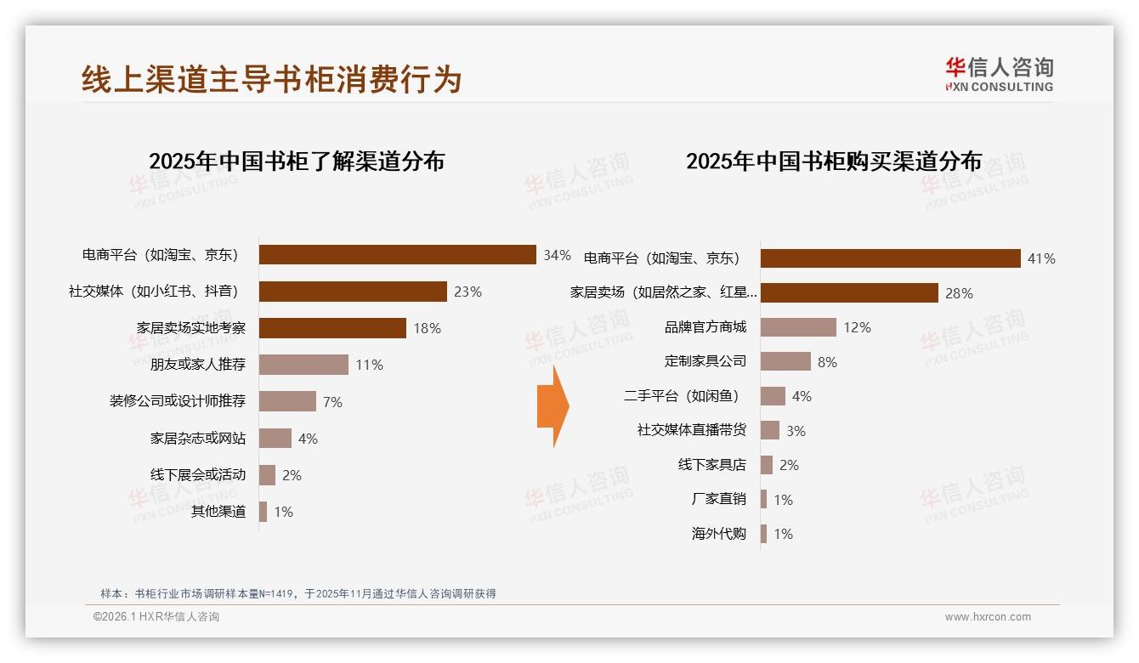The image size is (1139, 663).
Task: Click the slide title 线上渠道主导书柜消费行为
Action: click(x=271, y=79)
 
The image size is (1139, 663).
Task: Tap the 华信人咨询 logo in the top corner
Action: click(x=999, y=74)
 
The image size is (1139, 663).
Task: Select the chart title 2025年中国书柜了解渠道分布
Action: click(x=297, y=161)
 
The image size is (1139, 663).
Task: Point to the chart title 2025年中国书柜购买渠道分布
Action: click(x=834, y=161)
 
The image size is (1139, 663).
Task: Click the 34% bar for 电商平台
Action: click(x=397, y=255)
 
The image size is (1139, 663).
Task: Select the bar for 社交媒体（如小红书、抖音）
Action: click(x=353, y=292)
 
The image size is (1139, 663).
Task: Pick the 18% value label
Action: click(x=426, y=328)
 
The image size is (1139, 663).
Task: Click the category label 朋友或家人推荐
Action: click(x=198, y=365)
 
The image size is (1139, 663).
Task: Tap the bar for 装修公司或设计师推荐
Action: click(x=287, y=401)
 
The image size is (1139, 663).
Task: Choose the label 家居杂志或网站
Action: click(x=198, y=439)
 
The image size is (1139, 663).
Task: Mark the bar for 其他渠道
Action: click(x=263, y=512)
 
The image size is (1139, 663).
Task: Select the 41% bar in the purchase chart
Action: click(x=890, y=258)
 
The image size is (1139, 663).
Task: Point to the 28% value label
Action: click(x=959, y=293)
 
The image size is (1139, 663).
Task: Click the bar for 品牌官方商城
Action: click(x=798, y=327)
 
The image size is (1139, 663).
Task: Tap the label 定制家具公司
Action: click(x=705, y=361)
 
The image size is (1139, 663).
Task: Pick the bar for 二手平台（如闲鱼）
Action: click(x=773, y=396)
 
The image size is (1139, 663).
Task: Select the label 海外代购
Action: click(x=719, y=534)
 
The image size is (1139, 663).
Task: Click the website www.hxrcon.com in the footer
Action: click(x=988, y=617)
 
